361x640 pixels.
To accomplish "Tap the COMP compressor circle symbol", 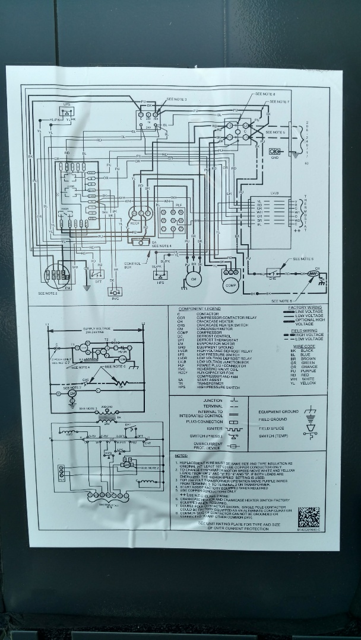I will click(x=230, y=285).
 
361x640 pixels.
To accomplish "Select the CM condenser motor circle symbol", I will click(x=192, y=279).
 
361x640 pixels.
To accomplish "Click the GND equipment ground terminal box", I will click(x=275, y=152).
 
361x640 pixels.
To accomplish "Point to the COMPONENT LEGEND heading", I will click(x=199, y=309).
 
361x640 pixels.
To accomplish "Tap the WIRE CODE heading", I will click(x=303, y=345).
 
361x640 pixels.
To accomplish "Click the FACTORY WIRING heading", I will click(x=305, y=308).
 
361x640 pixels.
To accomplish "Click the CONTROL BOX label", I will click(x=133, y=265).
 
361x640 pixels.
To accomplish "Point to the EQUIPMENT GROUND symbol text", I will click(x=278, y=411).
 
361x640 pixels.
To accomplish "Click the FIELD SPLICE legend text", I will click(x=271, y=428).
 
